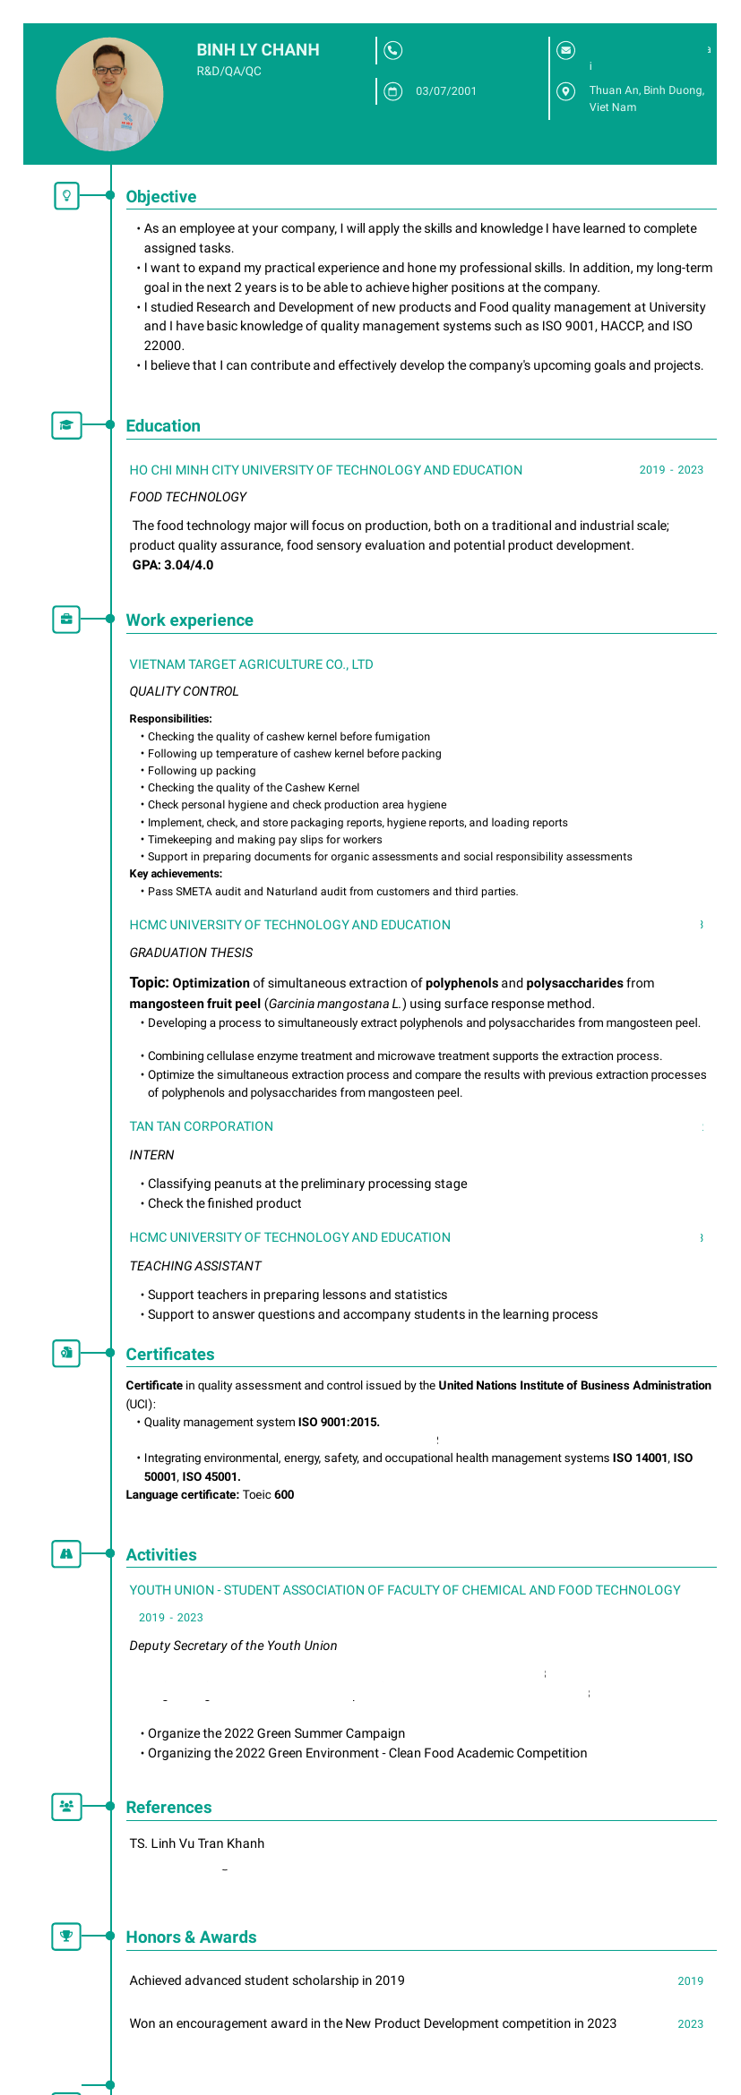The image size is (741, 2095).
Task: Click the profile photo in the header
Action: tap(109, 94)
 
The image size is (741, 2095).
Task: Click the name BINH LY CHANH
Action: tap(258, 50)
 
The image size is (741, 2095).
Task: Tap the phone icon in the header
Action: tap(392, 50)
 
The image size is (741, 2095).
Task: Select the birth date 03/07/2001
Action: tap(446, 91)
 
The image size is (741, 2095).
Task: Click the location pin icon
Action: tap(565, 91)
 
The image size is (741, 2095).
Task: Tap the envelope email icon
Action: tap(565, 50)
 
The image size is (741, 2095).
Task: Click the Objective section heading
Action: tap(161, 197)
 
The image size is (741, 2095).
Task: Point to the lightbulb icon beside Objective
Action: tap(66, 196)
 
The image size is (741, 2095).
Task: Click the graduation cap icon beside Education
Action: tap(66, 425)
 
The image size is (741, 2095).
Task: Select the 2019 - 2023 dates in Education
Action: tap(671, 470)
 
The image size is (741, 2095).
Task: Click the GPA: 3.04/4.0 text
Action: tap(173, 565)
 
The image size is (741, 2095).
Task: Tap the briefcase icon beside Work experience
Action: tap(66, 620)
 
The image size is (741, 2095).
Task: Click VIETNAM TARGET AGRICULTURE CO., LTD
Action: tap(251, 664)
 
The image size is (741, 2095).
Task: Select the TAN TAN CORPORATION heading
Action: tap(201, 1126)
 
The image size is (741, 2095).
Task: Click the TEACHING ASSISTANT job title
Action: tap(195, 1266)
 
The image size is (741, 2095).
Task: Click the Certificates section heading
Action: tap(170, 1355)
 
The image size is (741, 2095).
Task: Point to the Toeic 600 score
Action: tap(268, 1494)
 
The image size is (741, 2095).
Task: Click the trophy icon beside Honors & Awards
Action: tap(66, 1936)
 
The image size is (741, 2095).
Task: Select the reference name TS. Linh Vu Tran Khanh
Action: tap(197, 1843)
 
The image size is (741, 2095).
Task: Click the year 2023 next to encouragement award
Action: tap(690, 2023)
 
